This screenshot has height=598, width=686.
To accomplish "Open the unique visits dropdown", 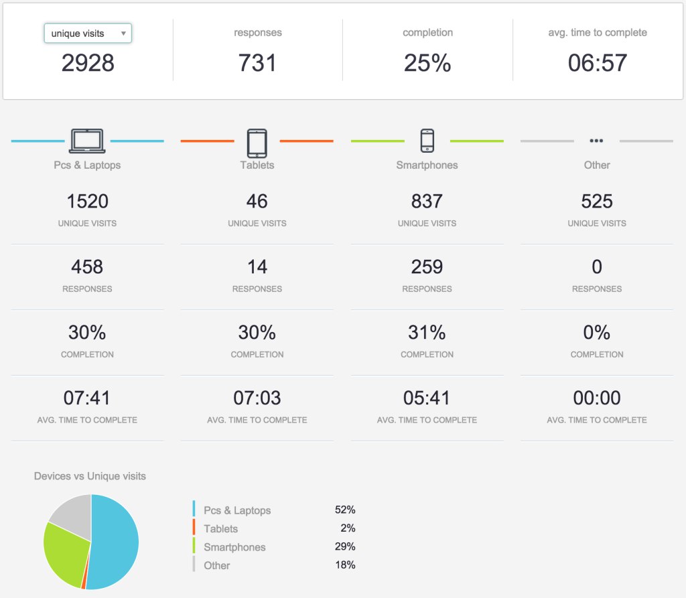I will pyautogui.click(x=88, y=33).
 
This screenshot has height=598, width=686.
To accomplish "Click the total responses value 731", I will pyautogui.click(x=257, y=63).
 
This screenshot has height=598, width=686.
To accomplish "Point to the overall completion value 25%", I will pyautogui.click(x=427, y=63).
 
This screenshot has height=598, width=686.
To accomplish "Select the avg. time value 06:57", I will pyautogui.click(x=597, y=63).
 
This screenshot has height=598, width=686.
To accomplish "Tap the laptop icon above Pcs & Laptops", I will pyautogui.click(x=87, y=141).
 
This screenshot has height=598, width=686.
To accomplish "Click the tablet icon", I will pyautogui.click(x=257, y=143).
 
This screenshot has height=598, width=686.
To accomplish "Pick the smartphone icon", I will pyautogui.click(x=427, y=141).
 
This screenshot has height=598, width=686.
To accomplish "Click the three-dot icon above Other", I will pyautogui.click(x=596, y=141).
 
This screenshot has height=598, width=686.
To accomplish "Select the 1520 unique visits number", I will pyautogui.click(x=87, y=201).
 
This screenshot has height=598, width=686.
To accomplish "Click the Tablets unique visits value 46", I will pyautogui.click(x=257, y=201).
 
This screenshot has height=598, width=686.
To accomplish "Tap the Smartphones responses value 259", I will pyautogui.click(x=427, y=267).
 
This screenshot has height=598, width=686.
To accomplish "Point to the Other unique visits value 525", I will pyautogui.click(x=597, y=201).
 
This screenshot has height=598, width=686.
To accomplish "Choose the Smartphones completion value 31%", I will pyautogui.click(x=427, y=332).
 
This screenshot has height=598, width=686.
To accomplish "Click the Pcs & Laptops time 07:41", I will pyautogui.click(x=87, y=398).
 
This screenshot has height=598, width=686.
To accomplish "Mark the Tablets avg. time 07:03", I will pyautogui.click(x=257, y=398).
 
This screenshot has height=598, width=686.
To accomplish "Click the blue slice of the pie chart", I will pyautogui.click(x=114, y=542).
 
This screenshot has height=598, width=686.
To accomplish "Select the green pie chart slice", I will pyautogui.click(x=64, y=552).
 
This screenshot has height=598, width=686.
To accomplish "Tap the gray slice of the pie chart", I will pyautogui.click(x=72, y=514).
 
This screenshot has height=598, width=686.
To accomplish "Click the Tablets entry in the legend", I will pyautogui.click(x=220, y=528).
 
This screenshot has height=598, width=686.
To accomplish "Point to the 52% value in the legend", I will pyautogui.click(x=345, y=510).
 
